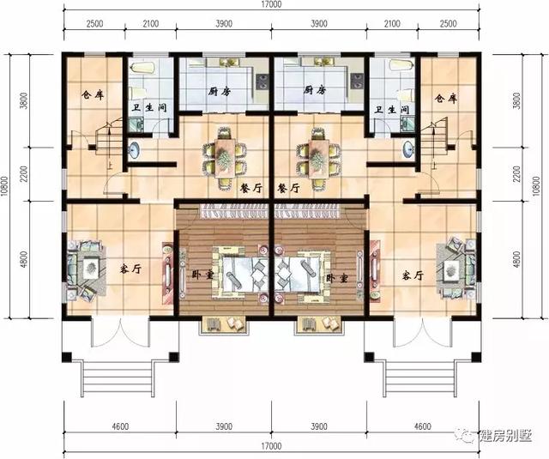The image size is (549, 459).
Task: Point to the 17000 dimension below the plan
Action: (273, 446)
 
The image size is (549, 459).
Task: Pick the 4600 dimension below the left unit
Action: (119, 426)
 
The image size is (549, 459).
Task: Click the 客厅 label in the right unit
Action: (413, 275)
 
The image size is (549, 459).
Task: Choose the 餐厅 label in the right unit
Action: (289, 188)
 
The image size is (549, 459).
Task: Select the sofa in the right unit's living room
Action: (453, 269)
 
